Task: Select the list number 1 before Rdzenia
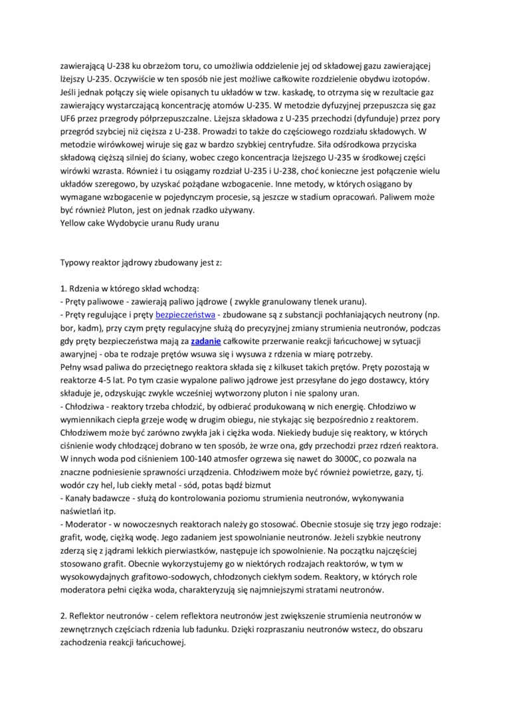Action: [x=63, y=288]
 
